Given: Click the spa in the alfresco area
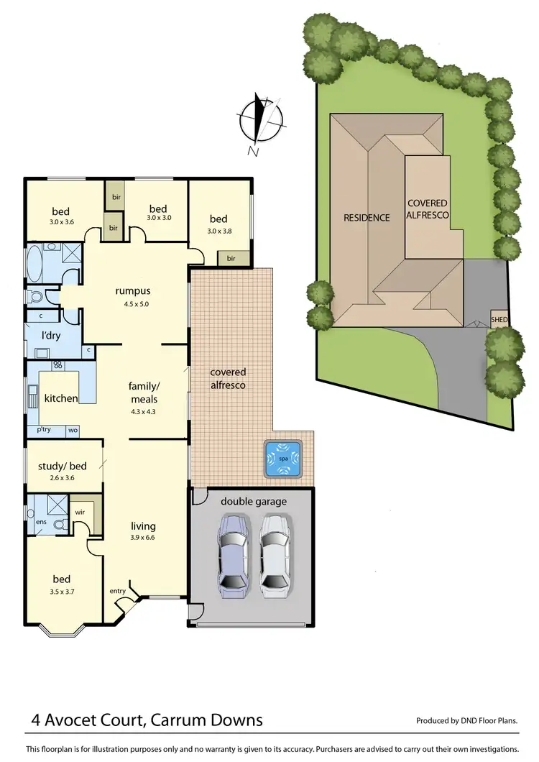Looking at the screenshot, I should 285,460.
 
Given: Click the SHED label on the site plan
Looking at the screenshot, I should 498,319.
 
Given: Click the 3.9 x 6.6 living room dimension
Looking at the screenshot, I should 143,538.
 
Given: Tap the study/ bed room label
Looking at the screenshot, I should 62,467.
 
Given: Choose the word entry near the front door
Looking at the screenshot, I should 117,591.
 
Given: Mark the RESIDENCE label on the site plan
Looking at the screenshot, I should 367,217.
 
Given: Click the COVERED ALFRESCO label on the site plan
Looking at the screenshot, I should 427,209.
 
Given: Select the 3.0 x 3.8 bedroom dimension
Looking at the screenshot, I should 218,231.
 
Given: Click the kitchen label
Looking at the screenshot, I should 61,398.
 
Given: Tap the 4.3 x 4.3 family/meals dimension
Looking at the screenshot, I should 143,412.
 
